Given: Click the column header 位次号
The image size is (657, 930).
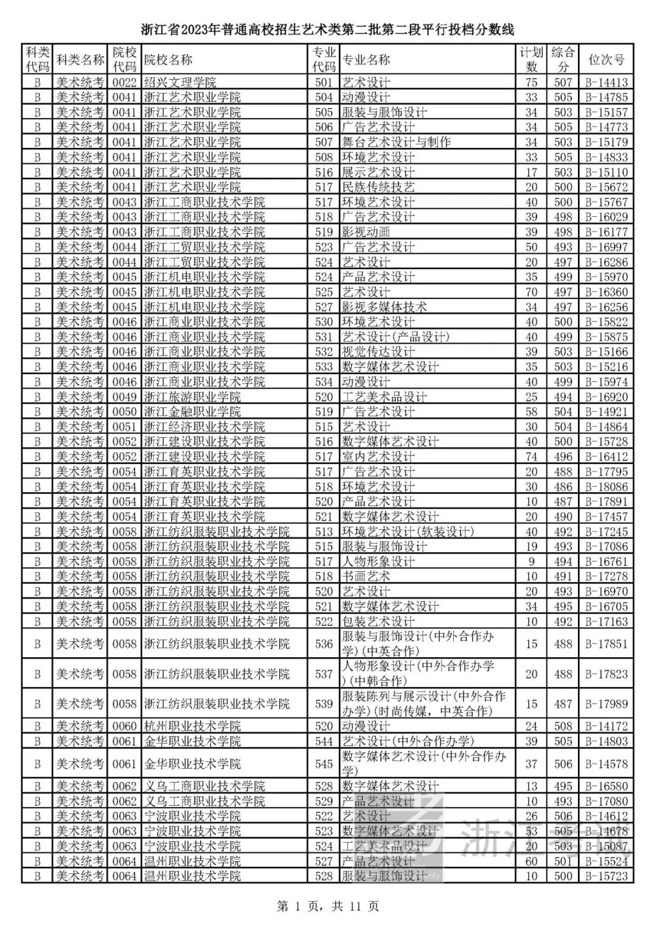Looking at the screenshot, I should tap(607, 59).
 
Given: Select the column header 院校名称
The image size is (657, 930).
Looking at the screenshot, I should tap(169, 59).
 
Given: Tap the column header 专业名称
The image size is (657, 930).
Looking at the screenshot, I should tap(366, 59).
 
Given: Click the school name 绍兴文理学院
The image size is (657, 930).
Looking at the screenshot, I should tap(180, 82).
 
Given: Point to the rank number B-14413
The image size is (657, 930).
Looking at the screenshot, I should tap(607, 82).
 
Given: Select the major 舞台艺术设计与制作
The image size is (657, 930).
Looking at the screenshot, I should tap(396, 142).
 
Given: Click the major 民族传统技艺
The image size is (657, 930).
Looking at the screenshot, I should tap(378, 187).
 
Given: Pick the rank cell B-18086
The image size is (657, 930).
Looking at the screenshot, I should tap(607, 487).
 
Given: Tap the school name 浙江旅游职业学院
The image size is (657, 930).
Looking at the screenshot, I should tap(192, 397).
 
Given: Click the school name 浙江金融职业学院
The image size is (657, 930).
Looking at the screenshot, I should tap(192, 412).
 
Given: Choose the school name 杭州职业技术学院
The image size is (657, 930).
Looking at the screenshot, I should tap(192, 726).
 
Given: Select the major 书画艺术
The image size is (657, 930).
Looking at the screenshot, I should tap(366, 576).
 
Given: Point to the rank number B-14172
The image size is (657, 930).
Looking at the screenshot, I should tap(607, 726).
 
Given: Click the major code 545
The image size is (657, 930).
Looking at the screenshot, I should tap(324, 764).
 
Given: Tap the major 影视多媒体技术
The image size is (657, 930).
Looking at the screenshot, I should tap(384, 307).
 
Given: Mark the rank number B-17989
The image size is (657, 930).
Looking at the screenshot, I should tap(607, 704).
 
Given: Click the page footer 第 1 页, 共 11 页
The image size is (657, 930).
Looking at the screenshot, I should tap(328, 906).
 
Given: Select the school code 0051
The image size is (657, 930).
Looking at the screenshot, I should tap(125, 427).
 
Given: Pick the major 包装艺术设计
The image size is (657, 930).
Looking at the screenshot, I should tap(378, 621).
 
